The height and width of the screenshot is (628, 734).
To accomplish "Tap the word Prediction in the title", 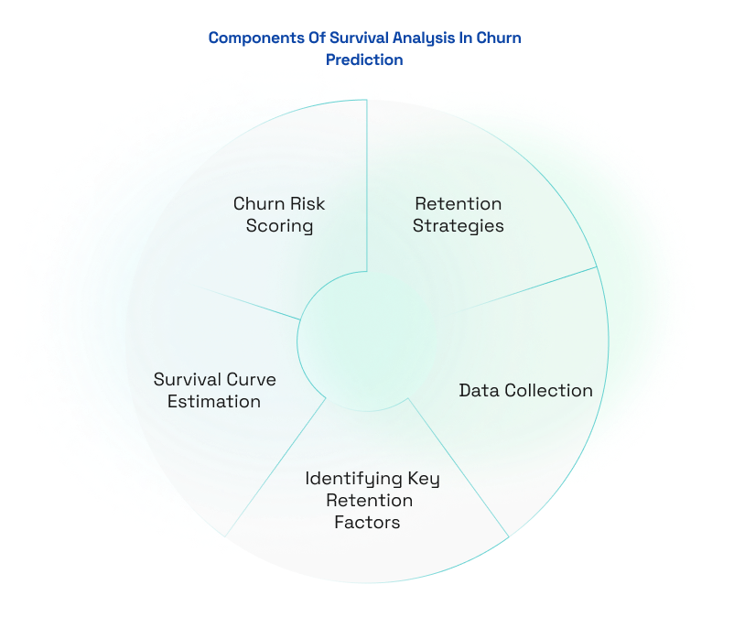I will pos(364,60).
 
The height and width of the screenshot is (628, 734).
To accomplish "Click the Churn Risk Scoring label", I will pos(279,214).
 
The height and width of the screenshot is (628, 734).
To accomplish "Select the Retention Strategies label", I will pos(458,214).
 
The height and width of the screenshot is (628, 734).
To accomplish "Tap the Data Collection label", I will pos(525,391).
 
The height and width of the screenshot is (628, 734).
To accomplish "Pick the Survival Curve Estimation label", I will pos(214,390).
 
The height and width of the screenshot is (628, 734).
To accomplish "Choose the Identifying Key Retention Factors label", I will pos(372,501).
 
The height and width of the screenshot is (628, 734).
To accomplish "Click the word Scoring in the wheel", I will pos(279,225).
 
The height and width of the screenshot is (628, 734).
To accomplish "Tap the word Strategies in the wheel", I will pos(458,225).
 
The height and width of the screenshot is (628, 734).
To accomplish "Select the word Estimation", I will pos(214,401).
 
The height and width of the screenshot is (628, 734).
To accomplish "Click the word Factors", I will pos(366,523).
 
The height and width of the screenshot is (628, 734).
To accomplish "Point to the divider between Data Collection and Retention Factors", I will pos(458,467).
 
